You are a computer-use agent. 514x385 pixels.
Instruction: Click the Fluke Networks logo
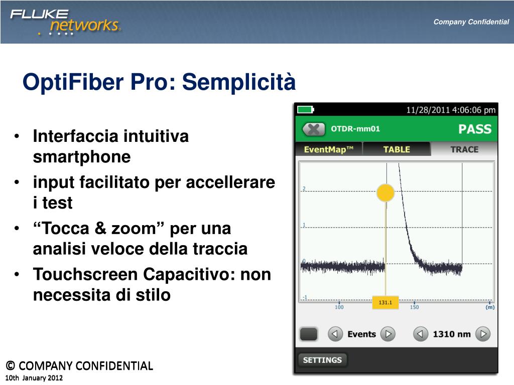coord(65,22)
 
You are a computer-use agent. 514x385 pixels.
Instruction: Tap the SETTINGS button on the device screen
coord(322,360)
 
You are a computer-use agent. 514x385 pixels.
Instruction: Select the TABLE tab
coord(397,149)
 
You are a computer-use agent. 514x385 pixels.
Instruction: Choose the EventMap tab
coord(329,149)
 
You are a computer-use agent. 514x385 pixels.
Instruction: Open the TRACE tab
coord(464,149)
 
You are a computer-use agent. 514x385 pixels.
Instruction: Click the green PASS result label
coord(475,129)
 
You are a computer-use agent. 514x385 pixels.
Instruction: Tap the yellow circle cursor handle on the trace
coord(385,192)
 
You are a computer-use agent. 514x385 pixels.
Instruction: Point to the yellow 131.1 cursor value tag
coord(385,303)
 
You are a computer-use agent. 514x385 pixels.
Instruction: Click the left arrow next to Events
coord(335,334)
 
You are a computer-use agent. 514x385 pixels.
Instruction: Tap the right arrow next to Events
coord(388,334)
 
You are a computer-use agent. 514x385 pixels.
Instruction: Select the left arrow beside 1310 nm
coord(421,334)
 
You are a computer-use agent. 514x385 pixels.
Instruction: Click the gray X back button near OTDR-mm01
coord(314,129)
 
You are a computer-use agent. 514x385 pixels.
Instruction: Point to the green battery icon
coord(305,110)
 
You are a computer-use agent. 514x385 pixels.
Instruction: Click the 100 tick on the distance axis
coord(339,307)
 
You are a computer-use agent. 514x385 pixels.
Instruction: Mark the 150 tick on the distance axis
coord(414,307)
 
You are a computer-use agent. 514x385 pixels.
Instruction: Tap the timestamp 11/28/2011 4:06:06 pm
coord(450,110)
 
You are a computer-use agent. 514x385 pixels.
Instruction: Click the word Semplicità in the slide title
coord(239,82)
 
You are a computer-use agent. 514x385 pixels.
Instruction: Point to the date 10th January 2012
coord(34,377)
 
